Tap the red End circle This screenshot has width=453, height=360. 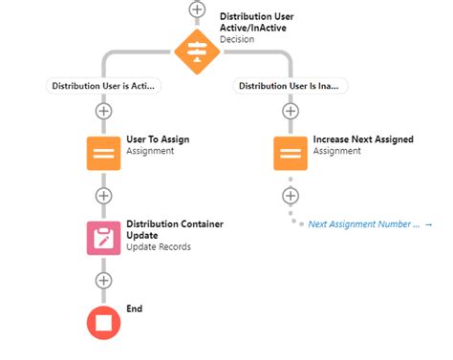point(104,322)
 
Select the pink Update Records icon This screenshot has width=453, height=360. point(104,237)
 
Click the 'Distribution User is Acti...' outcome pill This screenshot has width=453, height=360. point(104,86)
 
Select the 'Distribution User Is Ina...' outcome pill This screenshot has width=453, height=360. point(291,86)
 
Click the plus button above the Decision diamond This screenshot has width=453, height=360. point(197,9)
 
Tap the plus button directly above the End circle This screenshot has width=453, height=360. point(104,281)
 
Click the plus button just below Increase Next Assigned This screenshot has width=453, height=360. point(291,196)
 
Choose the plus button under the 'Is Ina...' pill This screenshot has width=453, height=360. point(291,111)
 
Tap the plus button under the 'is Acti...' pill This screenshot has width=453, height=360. point(104,111)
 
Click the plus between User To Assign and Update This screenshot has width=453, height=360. point(104,196)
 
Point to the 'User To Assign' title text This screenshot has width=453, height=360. point(158,139)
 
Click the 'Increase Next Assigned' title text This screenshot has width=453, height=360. point(363,139)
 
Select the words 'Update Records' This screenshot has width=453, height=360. point(159,247)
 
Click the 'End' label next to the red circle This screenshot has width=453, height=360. point(135,309)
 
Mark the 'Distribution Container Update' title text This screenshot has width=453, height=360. point(175,229)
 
